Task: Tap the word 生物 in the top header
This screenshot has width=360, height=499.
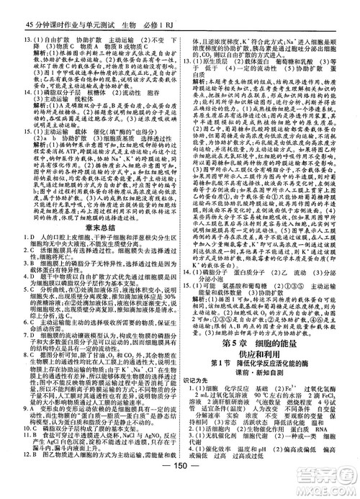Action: point(127,7)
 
